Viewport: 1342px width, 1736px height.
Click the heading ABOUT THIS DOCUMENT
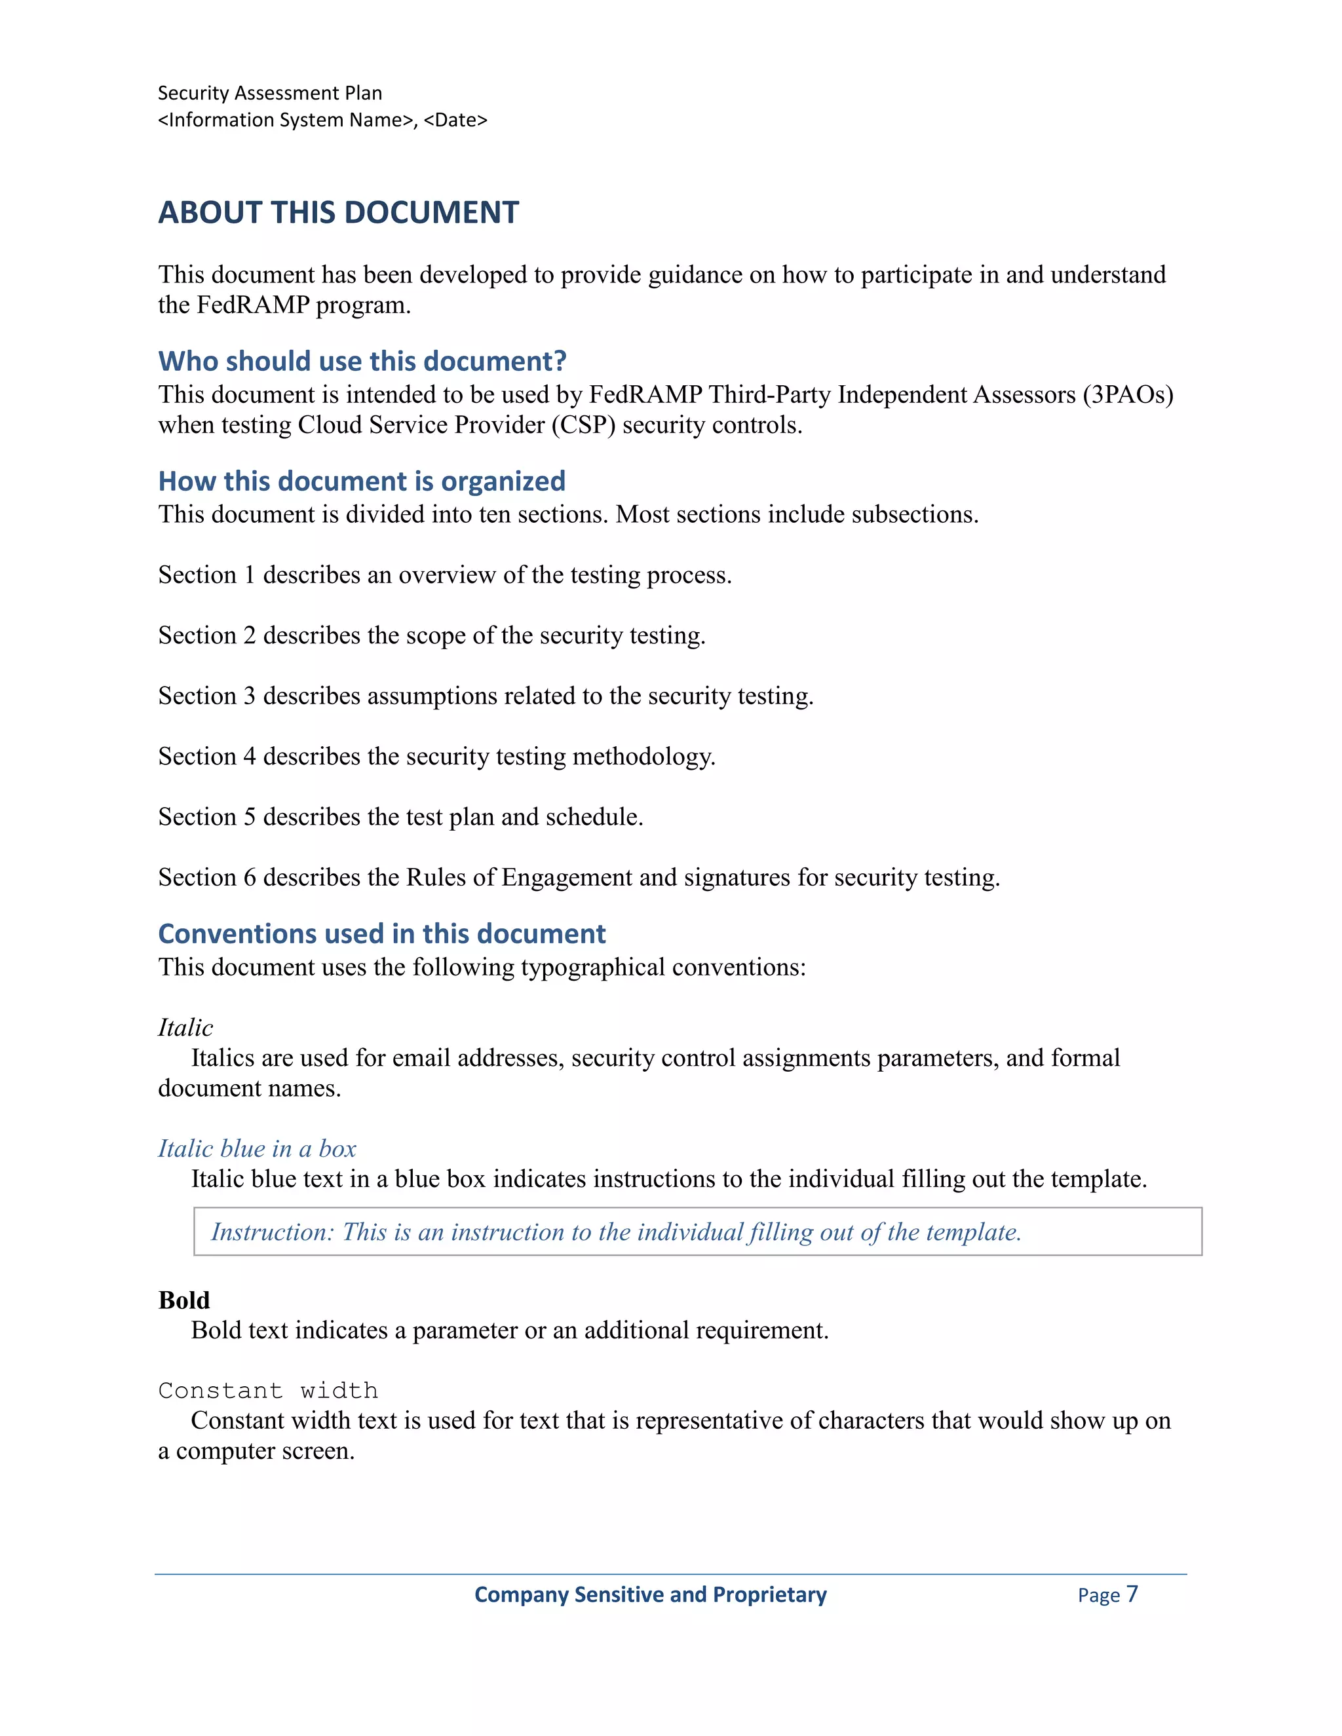(338, 213)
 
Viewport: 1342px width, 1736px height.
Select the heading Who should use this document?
(362, 361)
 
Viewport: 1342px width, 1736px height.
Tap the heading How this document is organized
(362, 481)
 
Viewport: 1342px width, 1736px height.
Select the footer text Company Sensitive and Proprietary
(650, 1594)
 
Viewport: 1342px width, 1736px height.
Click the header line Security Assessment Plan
(269, 93)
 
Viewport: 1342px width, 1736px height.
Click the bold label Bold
(184, 1300)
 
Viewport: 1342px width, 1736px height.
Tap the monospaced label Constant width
(268, 1390)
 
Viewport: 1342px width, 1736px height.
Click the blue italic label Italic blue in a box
(257, 1148)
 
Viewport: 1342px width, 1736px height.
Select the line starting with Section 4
(436, 756)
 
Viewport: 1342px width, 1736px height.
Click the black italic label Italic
(185, 1028)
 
